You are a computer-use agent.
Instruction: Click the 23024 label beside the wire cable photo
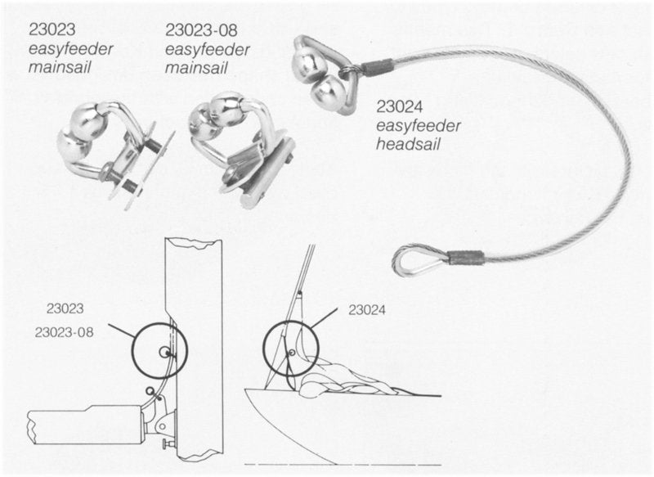pyautogui.click(x=401, y=107)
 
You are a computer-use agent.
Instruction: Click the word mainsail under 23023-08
pyautogui.click(x=196, y=67)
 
